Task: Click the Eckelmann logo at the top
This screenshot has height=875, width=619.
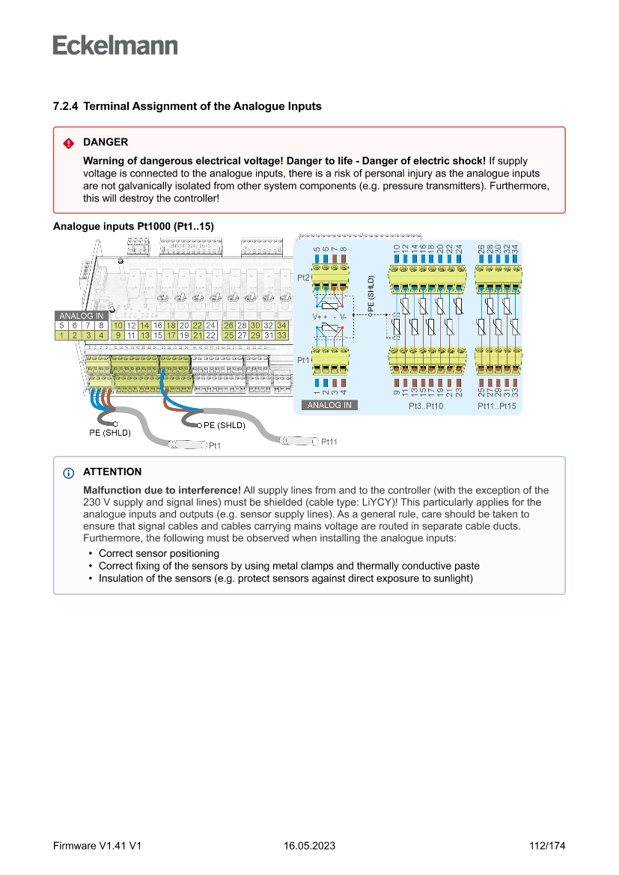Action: click(115, 46)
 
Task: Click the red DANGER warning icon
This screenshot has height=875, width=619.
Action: click(68, 143)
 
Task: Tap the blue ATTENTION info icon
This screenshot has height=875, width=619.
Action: click(68, 473)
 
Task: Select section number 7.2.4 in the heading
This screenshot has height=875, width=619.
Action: click(66, 106)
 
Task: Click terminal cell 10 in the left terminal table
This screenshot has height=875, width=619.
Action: click(118, 326)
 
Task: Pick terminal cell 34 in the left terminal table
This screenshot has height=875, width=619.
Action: click(281, 326)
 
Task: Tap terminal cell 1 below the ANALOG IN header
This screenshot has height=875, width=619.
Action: click(61, 335)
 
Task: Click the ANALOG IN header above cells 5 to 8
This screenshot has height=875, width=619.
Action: click(81, 316)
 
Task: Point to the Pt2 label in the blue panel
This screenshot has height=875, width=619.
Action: click(303, 278)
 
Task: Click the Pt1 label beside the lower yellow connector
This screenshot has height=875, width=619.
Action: click(303, 360)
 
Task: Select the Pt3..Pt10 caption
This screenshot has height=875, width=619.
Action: click(426, 406)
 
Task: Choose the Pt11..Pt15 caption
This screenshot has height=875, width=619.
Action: click(497, 406)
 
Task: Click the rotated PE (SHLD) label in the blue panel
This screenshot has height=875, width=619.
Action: click(370, 296)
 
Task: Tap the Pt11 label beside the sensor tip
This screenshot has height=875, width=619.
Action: click(329, 442)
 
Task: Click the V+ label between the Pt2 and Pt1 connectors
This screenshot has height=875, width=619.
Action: click(317, 317)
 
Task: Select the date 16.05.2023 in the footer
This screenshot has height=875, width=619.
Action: click(309, 846)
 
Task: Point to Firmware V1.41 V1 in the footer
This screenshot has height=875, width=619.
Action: click(97, 846)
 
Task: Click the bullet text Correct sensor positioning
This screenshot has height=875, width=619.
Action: click(159, 553)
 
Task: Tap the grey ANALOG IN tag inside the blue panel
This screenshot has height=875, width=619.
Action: click(329, 405)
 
